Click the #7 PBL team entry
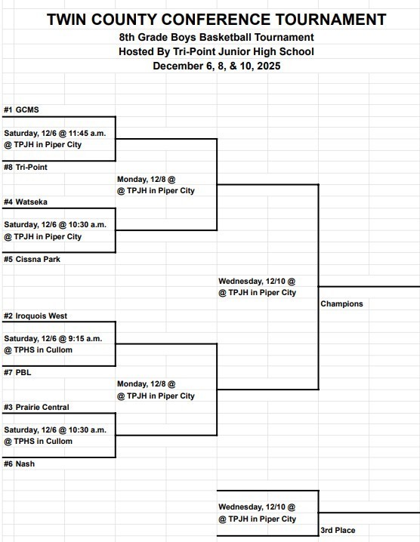coord(18,372)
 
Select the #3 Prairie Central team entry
coord(36,407)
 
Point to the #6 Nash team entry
coord(20,463)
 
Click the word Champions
coord(341,304)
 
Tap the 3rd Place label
coord(338,531)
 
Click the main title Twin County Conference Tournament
coord(216,20)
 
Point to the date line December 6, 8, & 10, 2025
coord(216,66)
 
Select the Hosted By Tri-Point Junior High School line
coord(216,51)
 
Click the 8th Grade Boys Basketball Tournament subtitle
coord(216,37)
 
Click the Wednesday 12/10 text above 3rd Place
coord(257,507)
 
